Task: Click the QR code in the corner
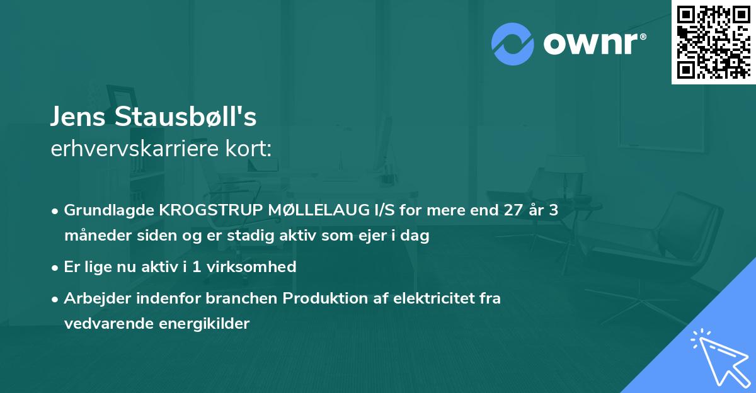tap(713, 42)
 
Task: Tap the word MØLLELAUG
tap(314, 210)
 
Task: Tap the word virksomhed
tap(258, 266)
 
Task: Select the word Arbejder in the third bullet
tap(93, 298)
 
